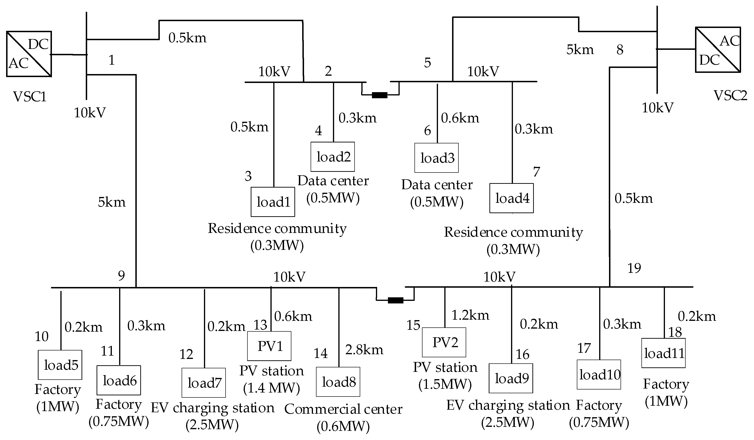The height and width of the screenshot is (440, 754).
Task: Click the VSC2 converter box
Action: (718, 50)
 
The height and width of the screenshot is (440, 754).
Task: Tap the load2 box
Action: (332, 157)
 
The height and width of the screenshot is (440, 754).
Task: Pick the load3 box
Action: (436, 158)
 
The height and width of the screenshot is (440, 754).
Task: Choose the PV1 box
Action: (269, 346)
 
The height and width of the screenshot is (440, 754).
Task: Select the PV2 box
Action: (444, 342)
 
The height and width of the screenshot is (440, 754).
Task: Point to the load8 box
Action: (338, 382)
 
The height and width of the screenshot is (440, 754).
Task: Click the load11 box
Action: (663, 353)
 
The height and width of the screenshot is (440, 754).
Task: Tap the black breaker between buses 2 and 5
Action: (379, 95)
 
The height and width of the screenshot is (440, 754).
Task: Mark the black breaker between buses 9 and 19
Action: (395, 300)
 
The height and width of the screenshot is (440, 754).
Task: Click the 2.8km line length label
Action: (364, 350)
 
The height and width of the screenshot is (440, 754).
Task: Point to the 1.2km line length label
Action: (470, 315)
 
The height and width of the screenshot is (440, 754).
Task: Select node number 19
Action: (634, 268)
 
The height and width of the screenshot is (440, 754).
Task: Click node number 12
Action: (186, 354)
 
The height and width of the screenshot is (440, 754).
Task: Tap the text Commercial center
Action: (343, 409)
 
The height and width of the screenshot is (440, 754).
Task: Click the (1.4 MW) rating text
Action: (271, 388)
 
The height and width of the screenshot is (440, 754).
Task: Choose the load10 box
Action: (599, 375)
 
